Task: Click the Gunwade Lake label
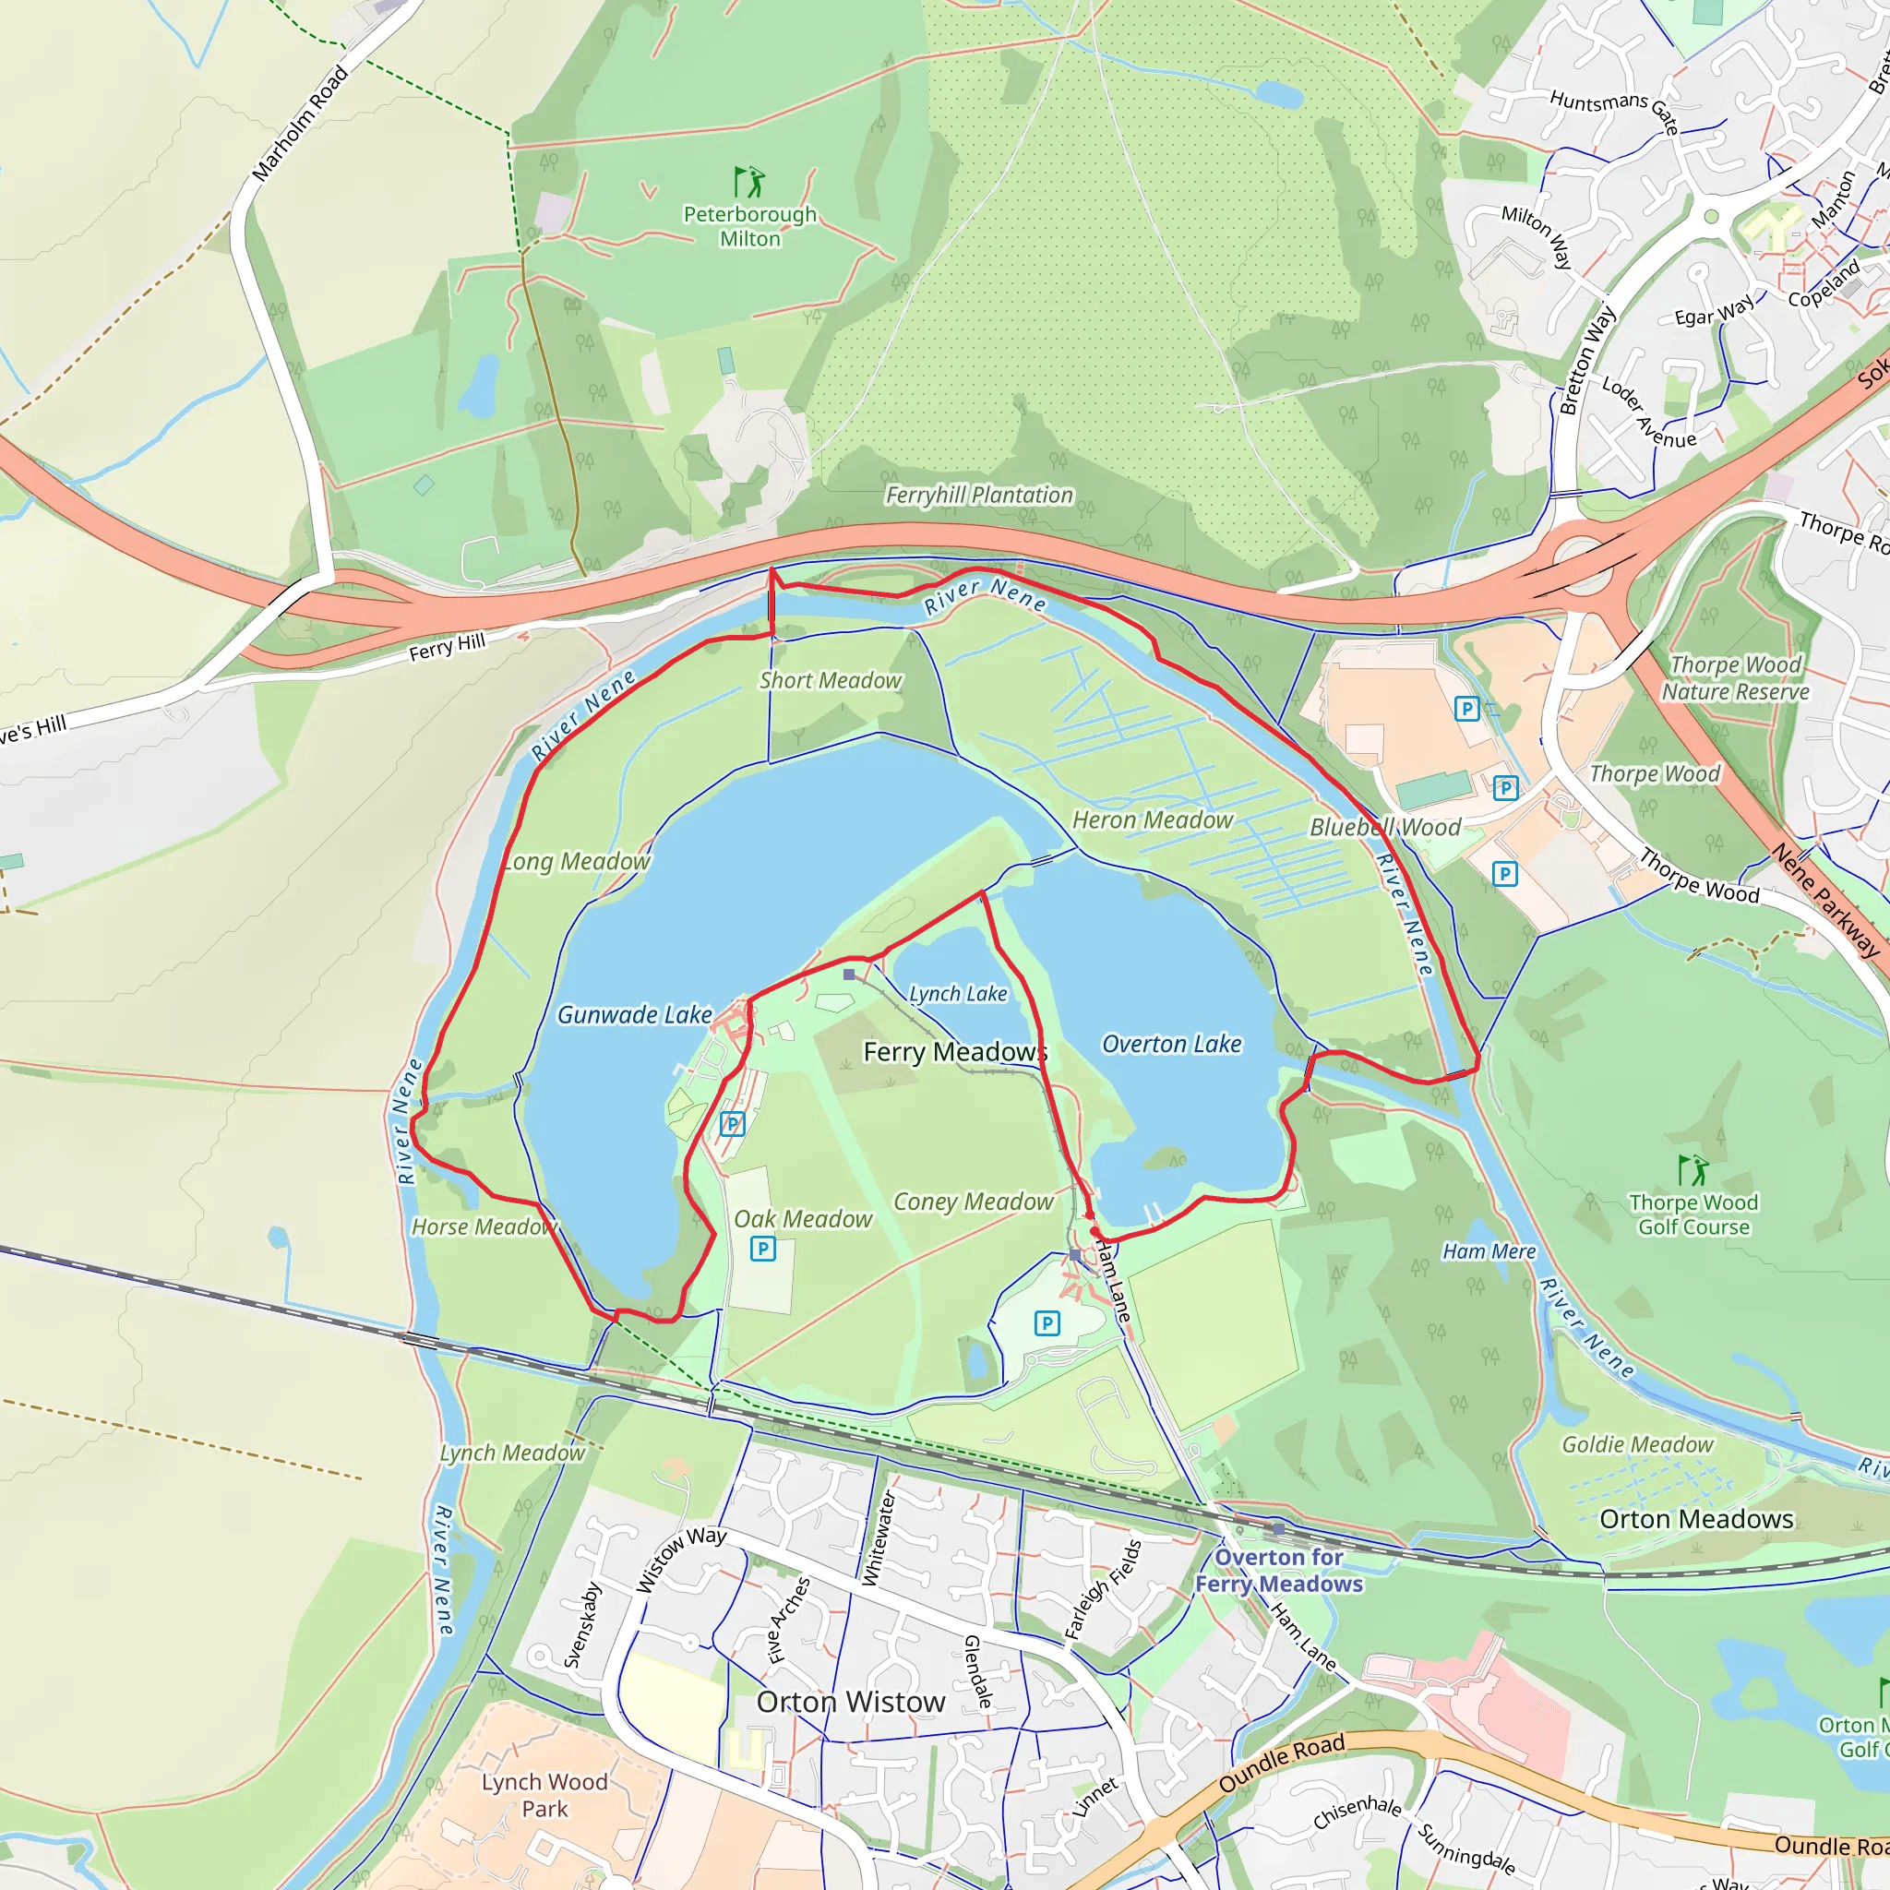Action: tap(634, 1015)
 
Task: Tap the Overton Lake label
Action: tap(1171, 1045)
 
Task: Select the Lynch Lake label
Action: tap(958, 994)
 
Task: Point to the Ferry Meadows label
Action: tap(955, 1053)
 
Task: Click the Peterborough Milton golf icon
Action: tap(749, 182)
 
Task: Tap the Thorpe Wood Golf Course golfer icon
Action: tap(1693, 1170)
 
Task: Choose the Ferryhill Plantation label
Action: tap(979, 496)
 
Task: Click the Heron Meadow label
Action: tap(1153, 820)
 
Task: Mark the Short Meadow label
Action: tap(831, 681)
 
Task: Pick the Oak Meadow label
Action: tap(802, 1220)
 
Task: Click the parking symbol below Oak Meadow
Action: tap(763, 1250)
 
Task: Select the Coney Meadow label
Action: tap(974, 1202)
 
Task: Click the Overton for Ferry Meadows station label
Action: tap(1278, 1570)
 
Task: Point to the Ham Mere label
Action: tap(1489, 1252)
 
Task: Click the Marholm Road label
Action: tap(300, 124)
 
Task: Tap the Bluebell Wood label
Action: tap(1385, 828)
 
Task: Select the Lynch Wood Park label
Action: tap(544, 1795)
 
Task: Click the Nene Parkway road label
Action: tap(1825, 901)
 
